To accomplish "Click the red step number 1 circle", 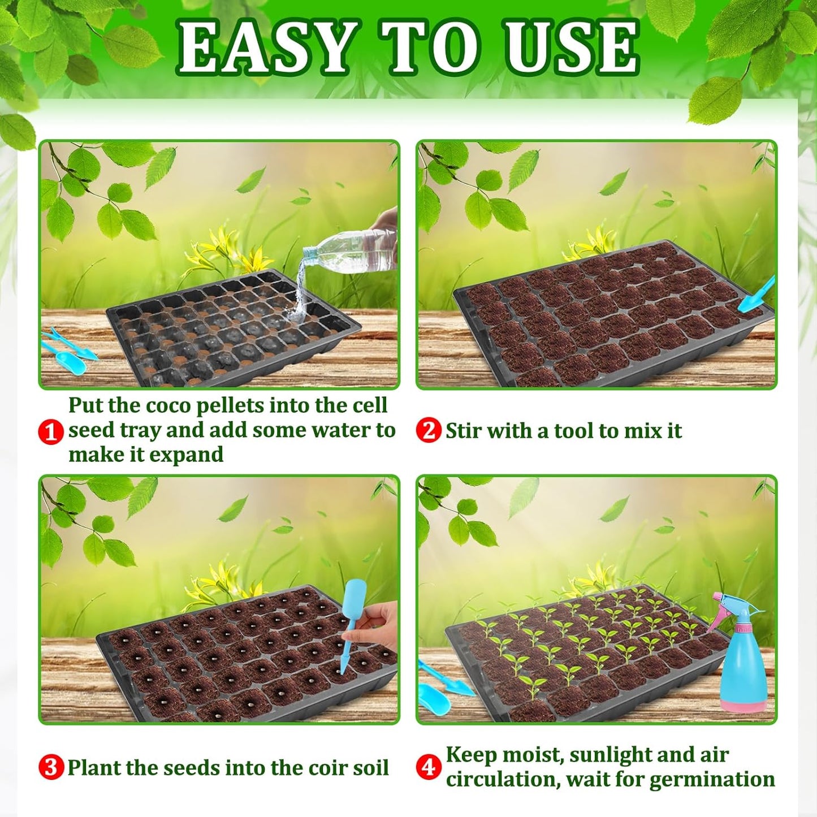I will tap(50, 432).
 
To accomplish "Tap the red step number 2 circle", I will tap(429, 431).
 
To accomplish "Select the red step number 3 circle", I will tap(51, 767).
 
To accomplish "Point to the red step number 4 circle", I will tap(429, 767).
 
